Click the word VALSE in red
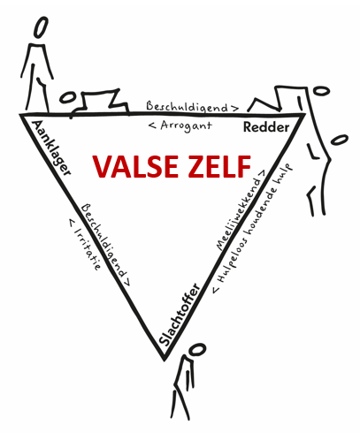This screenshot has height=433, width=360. click(135, 166)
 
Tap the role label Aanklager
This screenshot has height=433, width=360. click(51, 148)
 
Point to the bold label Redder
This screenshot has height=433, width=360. click(266, 127)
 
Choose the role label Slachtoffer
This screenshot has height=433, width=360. click(180, 314)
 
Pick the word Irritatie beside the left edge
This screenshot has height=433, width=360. click(88, 248)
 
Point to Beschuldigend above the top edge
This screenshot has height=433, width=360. click(187, 107)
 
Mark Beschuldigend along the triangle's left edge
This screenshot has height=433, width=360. click(103, 240)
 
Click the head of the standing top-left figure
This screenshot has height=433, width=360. click(41, 27)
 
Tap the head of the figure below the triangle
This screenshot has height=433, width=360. click(197, 349)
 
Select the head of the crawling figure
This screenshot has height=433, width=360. click(67, 97)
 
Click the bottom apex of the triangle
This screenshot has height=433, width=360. click(164, 361)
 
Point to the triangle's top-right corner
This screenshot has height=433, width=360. click(303, 115)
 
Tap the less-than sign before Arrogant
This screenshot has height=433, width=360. click(152, 125)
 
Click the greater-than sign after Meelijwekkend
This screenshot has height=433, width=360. click(262, 172)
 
